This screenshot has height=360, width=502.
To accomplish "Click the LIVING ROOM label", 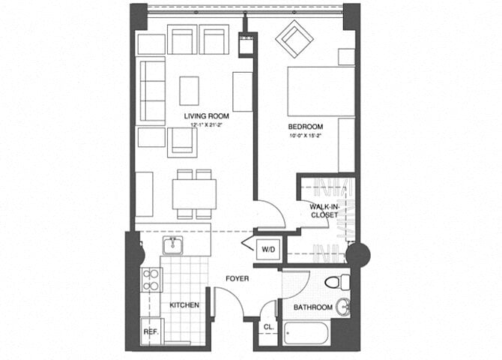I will [207, 116].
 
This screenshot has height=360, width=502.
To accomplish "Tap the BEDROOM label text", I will [306, 127].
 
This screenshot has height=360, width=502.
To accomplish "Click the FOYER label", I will [238, 279].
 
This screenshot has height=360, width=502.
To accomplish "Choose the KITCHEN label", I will [184, 305].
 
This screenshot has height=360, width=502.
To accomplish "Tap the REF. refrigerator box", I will [151, 331].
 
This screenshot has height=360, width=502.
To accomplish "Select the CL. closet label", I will [268, 327].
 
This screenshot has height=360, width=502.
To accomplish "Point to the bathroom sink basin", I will [342, 307].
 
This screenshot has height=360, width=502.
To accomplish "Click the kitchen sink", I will [172, 244].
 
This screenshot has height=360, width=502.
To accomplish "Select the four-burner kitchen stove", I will [151, 279].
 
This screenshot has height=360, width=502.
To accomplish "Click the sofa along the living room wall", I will [151, 91].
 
